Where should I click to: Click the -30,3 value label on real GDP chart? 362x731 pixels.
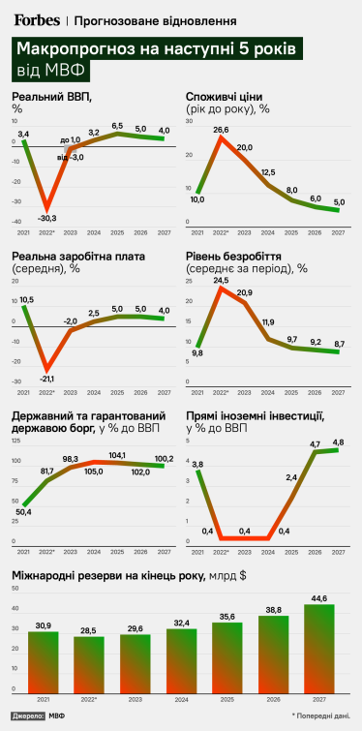45,218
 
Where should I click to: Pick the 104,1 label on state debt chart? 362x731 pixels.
118,454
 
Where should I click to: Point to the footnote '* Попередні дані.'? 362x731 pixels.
318,715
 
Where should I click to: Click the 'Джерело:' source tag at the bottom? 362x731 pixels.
28,716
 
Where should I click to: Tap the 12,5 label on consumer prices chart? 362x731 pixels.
267,171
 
